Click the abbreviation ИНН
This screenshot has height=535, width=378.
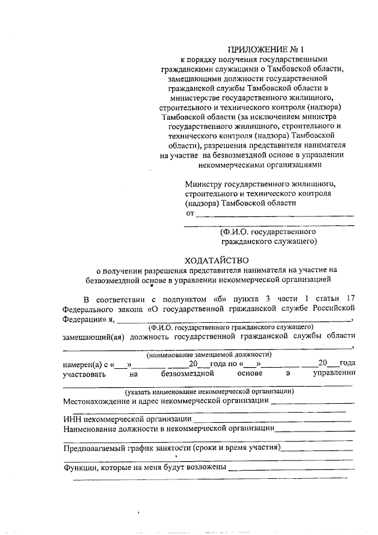(x=72, y=419)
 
